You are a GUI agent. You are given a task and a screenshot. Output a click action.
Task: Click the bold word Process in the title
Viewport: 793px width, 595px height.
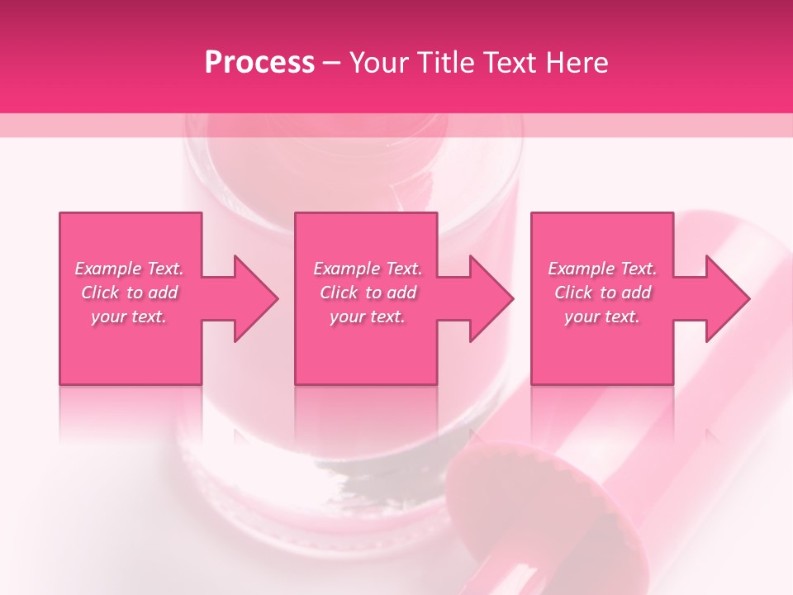point(259,63)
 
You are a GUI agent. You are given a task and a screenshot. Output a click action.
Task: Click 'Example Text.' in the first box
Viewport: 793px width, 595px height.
point(130,269)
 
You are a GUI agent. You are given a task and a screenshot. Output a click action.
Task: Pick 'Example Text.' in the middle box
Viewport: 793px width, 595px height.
point(368,269)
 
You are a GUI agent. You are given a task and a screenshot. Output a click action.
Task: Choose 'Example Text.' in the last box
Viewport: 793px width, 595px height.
point(602,269)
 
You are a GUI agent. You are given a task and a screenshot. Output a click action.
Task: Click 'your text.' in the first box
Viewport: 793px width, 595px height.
point(129,317)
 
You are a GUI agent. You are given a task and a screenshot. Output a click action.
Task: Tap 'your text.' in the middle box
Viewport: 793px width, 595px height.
point(368,317)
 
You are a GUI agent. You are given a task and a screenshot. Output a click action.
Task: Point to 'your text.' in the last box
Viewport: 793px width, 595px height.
point(602,317)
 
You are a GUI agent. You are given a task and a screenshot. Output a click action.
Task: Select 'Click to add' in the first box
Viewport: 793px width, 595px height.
point(130,293)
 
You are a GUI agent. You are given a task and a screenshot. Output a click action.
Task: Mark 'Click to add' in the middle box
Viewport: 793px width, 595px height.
point(368,293)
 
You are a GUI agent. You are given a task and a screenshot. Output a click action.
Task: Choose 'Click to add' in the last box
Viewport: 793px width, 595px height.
point(602,293)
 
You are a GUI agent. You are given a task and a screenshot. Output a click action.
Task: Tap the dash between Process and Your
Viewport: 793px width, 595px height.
point(331,63)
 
